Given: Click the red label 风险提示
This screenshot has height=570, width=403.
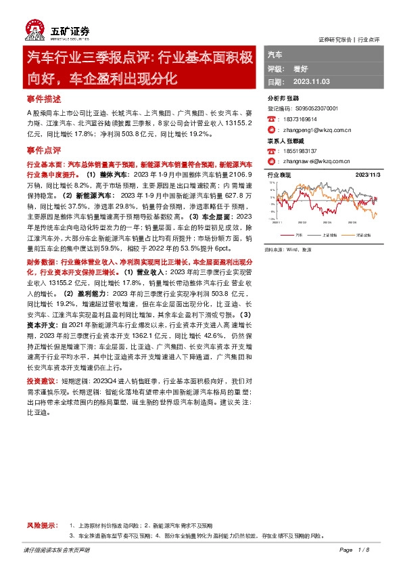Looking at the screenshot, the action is pos(39,525).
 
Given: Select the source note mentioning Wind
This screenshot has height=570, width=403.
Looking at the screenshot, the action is pos(292,249).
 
